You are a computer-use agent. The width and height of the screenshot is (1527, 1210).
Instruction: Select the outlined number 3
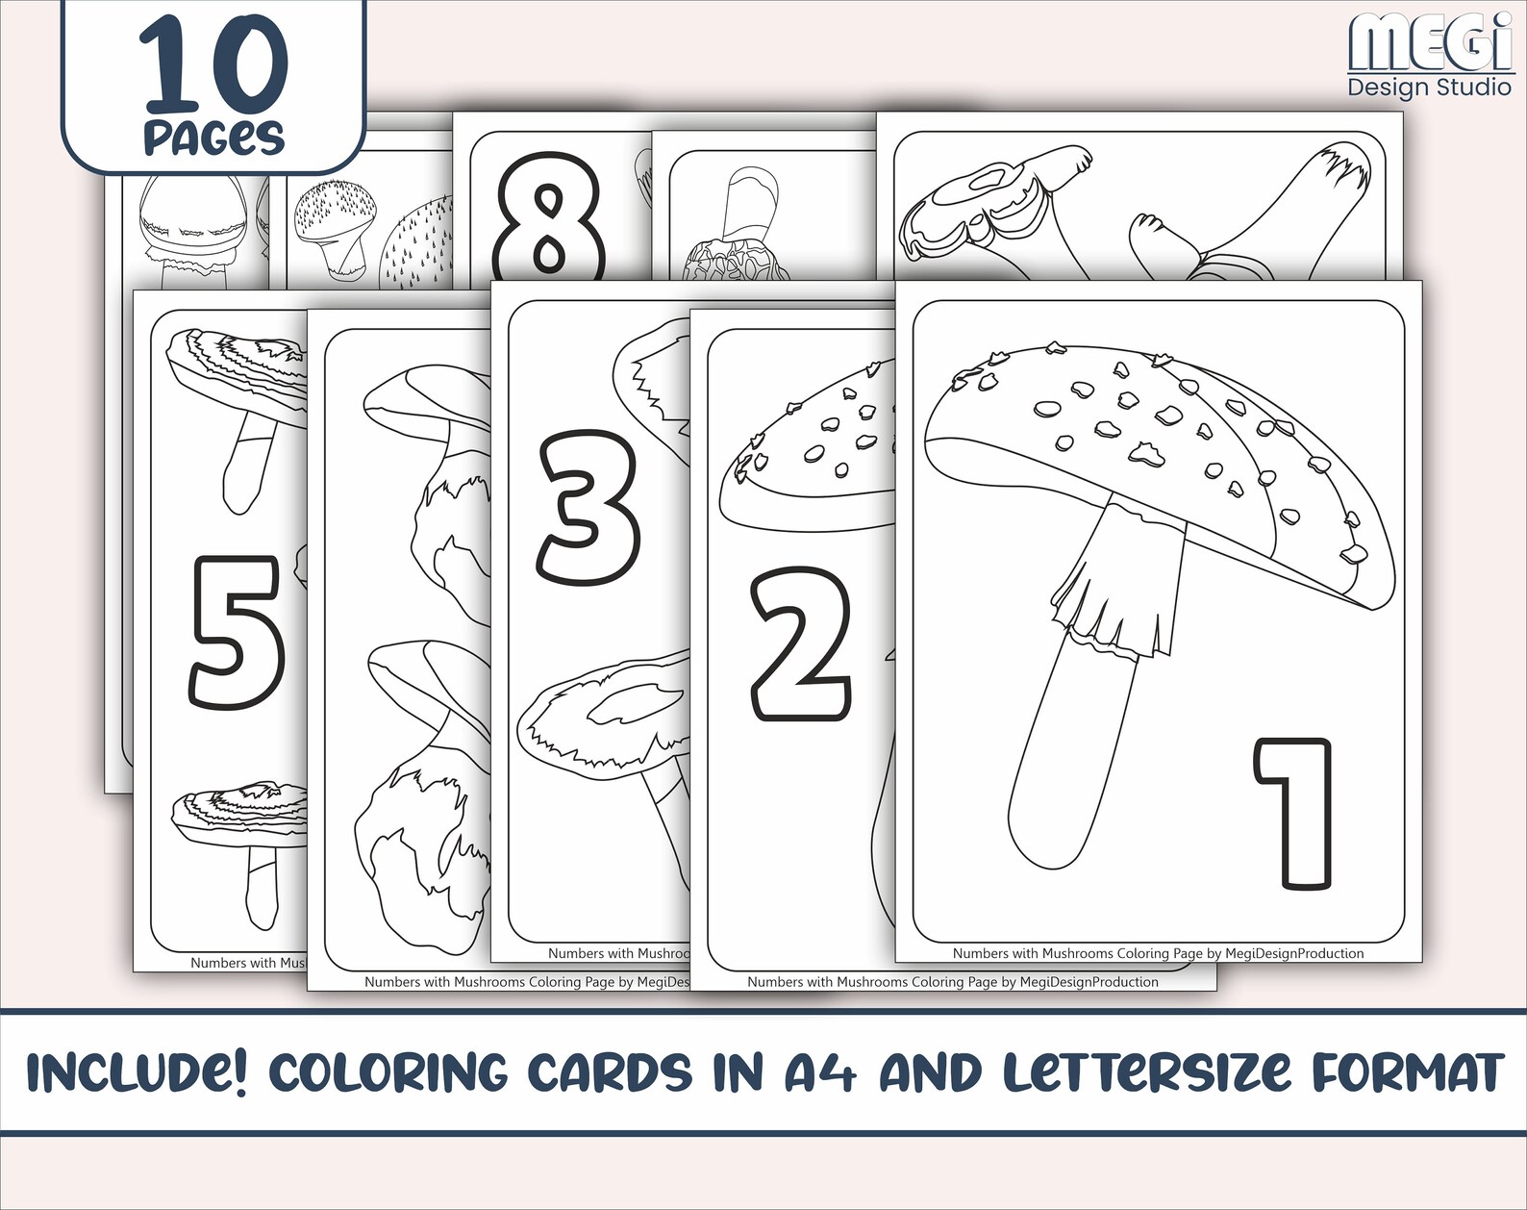pos(588,508)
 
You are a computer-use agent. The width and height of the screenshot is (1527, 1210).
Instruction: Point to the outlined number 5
pos(237,633)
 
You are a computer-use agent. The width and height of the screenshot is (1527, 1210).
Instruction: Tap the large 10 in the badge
pos(213,65)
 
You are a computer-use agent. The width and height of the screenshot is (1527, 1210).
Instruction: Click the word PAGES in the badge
pos(213,137)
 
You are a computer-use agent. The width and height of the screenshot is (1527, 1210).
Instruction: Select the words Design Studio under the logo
pos(1429,88)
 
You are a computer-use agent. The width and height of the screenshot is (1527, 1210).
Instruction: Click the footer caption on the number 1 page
pos(1158,953)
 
